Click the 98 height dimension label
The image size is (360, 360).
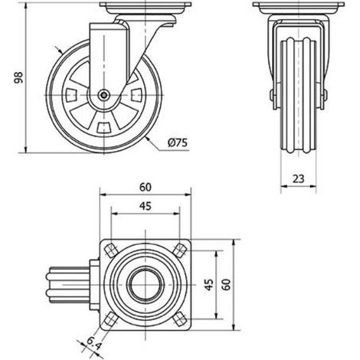pyautogui.click(x=18, y=78)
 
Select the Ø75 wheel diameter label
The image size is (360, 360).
pyautogui.click(x=178, y=142)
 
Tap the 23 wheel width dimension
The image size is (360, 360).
pyautogui.click(x=298, y=179)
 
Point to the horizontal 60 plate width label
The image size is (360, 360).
pyautogui.click(x=146, y=187)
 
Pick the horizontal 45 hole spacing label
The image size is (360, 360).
pyautogui.click(x=146, y=206)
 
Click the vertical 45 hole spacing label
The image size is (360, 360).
pyautogui.click(x=209, y=285)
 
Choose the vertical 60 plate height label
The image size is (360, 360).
pyautogui.click(x=226, y=285)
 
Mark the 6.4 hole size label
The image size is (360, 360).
pyautogui.click(x=93, y=344)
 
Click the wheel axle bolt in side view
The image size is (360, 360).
pyautogui.click(x=103, y=95)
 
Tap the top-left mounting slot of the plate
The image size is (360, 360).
pyautogui.click(x=111, y=250)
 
